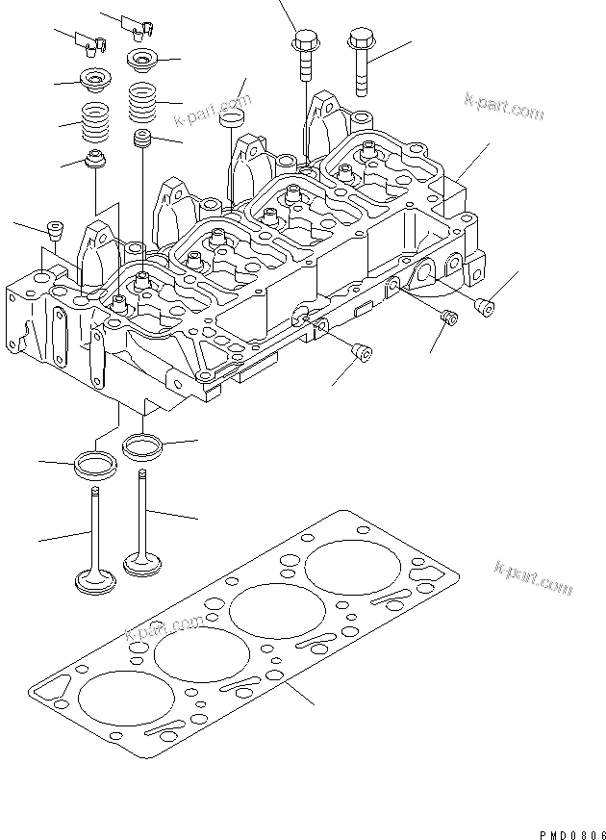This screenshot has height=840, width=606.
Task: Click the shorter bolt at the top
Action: [x=305, y=56]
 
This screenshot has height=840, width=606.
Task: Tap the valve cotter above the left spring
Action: [x=94, y=40]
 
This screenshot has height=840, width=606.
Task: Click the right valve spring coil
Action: [x=144, y=100]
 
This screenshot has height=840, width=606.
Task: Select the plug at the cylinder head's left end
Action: [x=55, y=231]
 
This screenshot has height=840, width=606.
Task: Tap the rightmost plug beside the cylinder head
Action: [x=487, y=307]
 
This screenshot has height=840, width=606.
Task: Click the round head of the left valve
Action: [x=95, y=581]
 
